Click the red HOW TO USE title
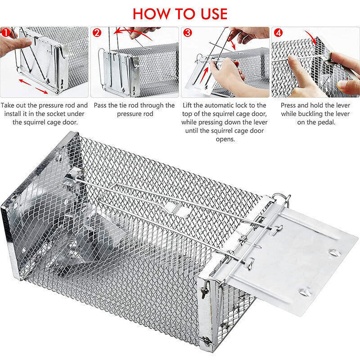click(180, 13)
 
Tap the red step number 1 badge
click(5, 32)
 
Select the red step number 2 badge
click(97, 33)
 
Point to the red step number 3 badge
click(187, 33)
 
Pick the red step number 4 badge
click(278, 33)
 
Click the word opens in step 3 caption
click(225, 139)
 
